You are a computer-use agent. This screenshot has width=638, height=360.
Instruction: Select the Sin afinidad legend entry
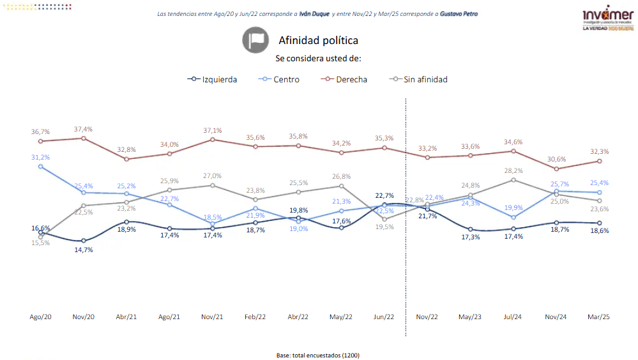coord(419,80)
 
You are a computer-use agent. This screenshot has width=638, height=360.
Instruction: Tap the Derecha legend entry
coord(346,80)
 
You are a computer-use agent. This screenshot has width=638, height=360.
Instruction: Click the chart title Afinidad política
coord(318,40)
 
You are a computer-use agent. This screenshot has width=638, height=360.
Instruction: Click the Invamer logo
coord(607,20)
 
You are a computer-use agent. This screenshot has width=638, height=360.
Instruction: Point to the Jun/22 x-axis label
coord(384,317)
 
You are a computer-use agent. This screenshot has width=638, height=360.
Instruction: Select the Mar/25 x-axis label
coord(598,317)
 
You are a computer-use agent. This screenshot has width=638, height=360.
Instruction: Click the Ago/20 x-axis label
coord(40,317)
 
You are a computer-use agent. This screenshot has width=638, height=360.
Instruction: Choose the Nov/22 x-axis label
coord(427,317)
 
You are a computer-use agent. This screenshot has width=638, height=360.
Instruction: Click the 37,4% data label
coord(83,129)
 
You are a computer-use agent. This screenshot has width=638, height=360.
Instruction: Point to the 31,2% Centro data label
coord(40,157)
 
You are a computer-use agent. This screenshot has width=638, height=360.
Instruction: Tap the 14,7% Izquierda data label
coord(83,250)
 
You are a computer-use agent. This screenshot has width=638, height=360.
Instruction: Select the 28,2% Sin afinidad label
coord(513,170)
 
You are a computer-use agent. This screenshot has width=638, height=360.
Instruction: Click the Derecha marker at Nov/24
coord(557,169)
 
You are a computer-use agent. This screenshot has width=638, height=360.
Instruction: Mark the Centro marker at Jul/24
coord(513,217)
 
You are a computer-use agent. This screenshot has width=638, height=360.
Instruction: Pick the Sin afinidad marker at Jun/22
coord(384,219)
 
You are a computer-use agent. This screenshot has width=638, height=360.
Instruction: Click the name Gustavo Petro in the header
coord(459,13)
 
